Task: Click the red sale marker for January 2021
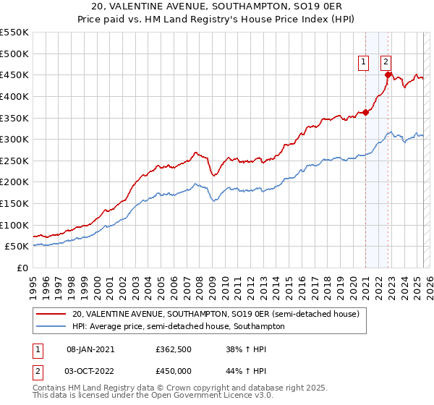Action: pos(366,112)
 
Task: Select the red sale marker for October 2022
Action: pos(388,74)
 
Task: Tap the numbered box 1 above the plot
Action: pos(362,62)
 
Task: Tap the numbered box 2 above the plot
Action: pos(386,62)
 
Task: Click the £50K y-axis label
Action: pos(17,247)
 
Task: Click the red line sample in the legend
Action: pos(51,314)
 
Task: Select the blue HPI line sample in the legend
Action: pos(51,326)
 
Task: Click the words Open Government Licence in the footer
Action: pos(174,396)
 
